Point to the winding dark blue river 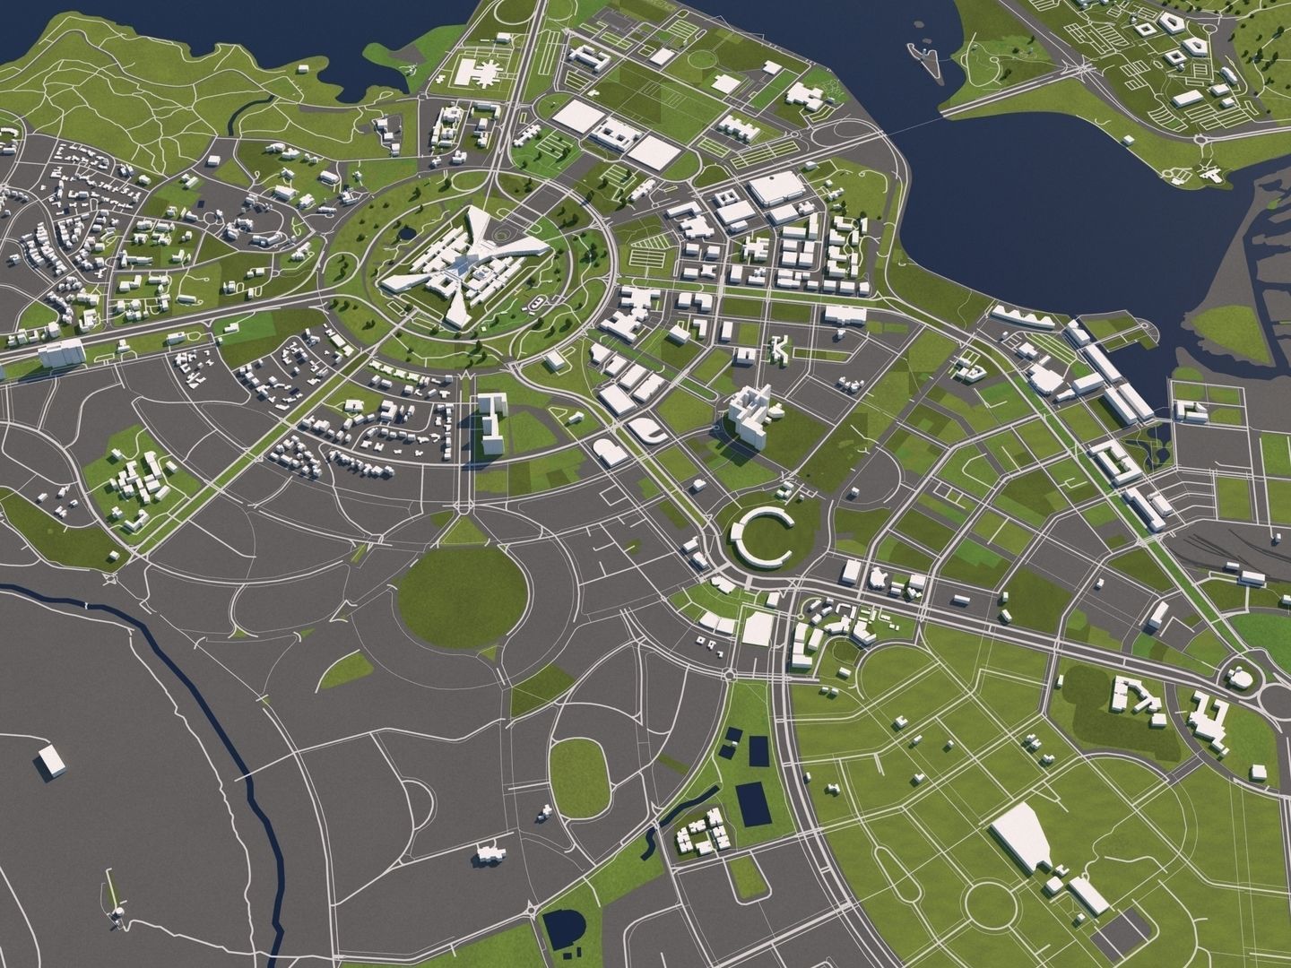pyautogui.click(x=193, y=681)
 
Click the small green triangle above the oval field pyautogui.click(x=463, y=532)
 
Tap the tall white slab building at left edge pyautogui.click(x=62, y=354)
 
